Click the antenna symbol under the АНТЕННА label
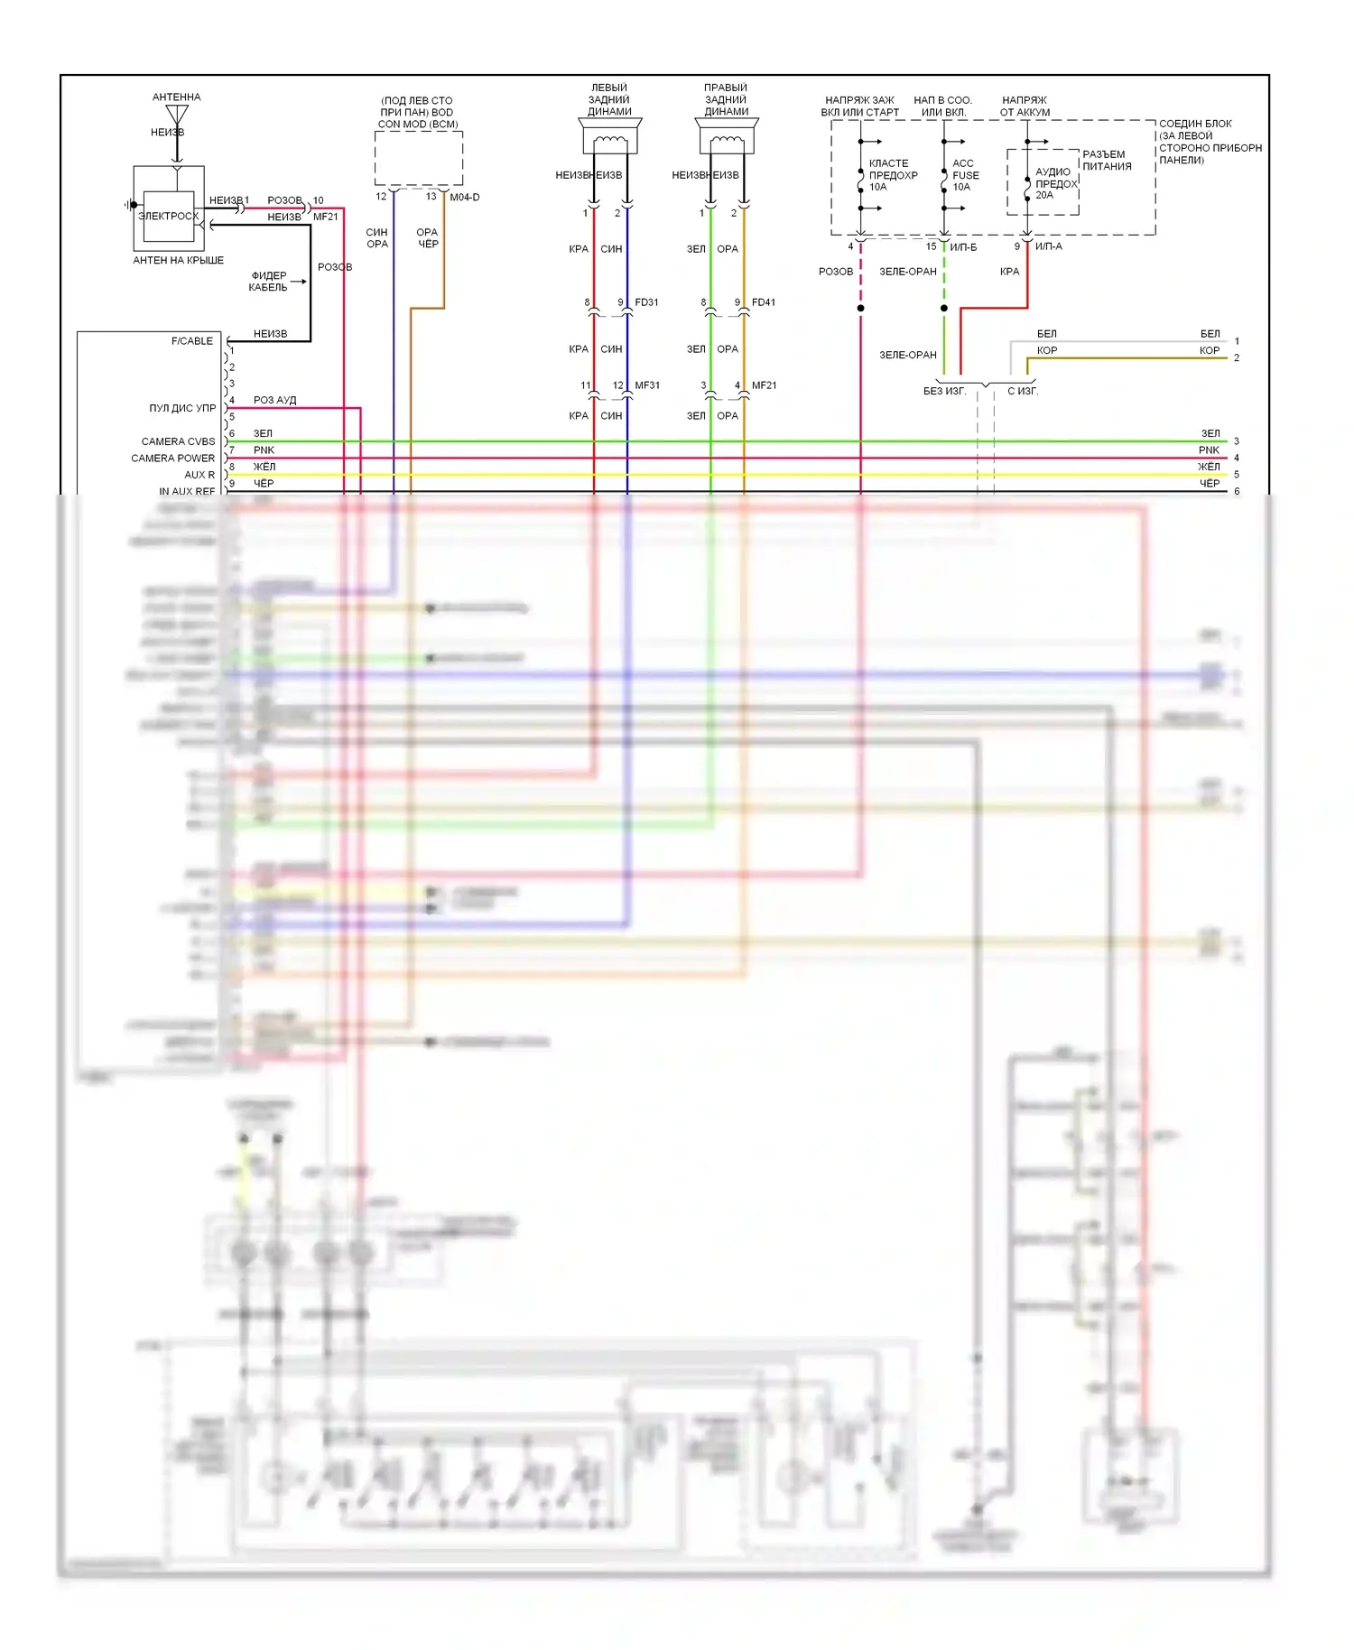click(x=177, y=116)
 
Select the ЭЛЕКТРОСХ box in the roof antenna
click(x=168, y=217)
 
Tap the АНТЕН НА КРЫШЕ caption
click(x=178, y=260)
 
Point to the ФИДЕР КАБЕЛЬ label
click(x=268, y=282)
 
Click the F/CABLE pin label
click(x=192, y=341)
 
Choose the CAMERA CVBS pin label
click(x=178, y=441)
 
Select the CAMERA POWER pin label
click(x=172, y=459)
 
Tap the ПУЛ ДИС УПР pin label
click(x=182, y=408)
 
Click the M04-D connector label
click(x=465, y=197)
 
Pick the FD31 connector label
click(x=646, y=302)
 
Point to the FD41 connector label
click(x=764, y=302)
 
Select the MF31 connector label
click(x=647, y=385)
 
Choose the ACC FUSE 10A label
click(x=965, y=175)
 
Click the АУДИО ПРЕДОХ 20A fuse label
click(x=1054, y=182)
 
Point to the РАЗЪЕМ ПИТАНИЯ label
click(x=1107, y=161)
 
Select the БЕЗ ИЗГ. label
click(x=944, y=391)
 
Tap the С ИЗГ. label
click(x=1023, y=391)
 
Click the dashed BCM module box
click(x=419, y=159)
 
